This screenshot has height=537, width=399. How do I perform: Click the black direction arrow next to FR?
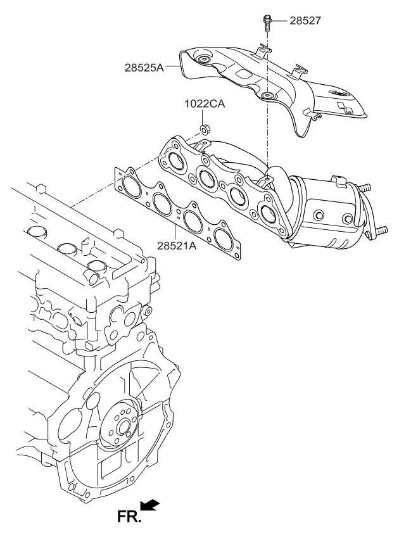150,505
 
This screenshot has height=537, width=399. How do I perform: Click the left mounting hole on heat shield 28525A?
203,61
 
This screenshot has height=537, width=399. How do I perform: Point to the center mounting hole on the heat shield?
266,96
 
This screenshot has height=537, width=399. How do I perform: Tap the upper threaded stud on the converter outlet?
365,188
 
